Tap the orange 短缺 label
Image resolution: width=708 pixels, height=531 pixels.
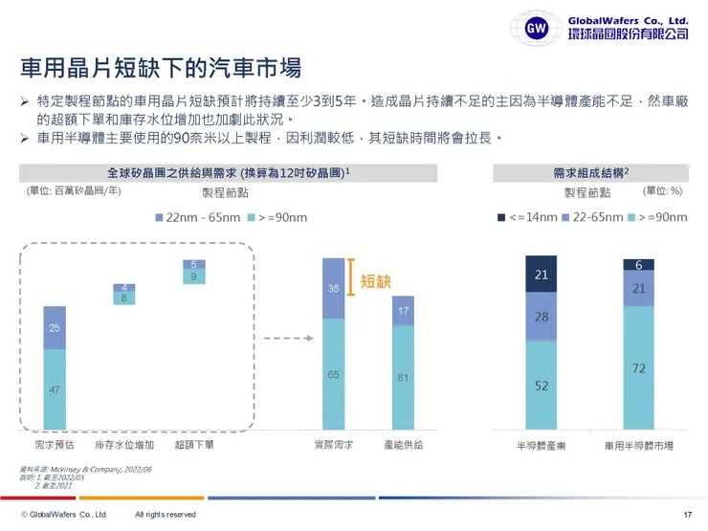(x=376, y=280)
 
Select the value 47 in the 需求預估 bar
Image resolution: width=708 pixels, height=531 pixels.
(x=55, y=390)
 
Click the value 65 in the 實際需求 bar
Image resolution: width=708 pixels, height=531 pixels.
(x=333, y=376)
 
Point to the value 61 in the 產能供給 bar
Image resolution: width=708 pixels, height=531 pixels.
(x=403, y=378)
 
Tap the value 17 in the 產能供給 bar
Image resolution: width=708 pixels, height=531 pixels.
(x=403, y=311)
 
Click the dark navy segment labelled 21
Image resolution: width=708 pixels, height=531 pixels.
(x=541, y=276)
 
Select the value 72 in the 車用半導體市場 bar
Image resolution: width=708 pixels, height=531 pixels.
(x=638, y=367)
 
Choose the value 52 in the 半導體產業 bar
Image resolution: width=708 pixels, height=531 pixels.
(x=541, y=386)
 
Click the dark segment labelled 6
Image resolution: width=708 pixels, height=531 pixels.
(x=638, y=264)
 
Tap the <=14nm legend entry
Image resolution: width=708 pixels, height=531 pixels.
(x=527, y=217)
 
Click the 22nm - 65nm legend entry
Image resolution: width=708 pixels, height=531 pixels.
(x=197, y=218)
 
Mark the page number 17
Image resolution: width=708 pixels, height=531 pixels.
(x=687, y=515)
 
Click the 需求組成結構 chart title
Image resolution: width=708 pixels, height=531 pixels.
(x=590, y=173)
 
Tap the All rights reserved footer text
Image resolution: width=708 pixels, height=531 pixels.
(x=166, y=515)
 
